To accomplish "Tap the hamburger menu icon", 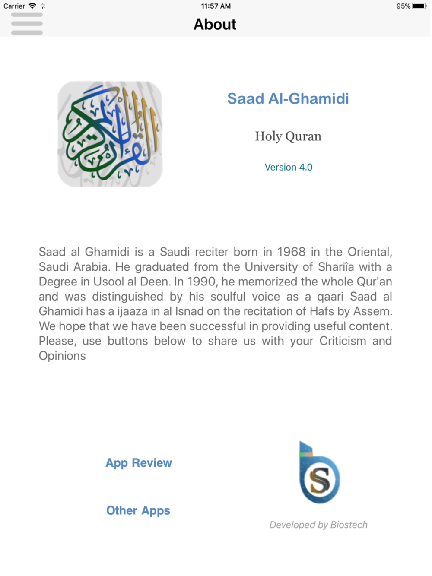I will tap(27, 24).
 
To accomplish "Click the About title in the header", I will tap(215, 25).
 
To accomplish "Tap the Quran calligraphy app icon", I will tap(110, 134).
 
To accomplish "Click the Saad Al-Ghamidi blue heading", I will tap(288, 99).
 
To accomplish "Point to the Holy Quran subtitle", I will tap(288, 136).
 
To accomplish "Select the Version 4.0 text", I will tap(289, 168).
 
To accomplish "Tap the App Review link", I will tap(139, 463).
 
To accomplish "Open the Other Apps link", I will tap(138, 511).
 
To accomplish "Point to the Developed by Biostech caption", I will tap(318, 525).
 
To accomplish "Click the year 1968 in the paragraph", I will tap(291, 252).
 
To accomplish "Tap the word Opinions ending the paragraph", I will tap(62, 356).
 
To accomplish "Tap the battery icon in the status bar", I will tap(419, 6).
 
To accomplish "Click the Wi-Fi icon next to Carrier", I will tap(32, 6).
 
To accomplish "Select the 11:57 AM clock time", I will tap(216, 6).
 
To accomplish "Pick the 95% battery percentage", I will tap(403, 6).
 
